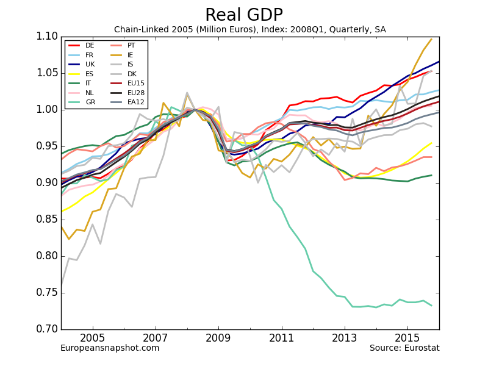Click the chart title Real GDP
pyautogui.click(x=244, y=15)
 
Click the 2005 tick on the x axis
pyautogui.click(x=93, y=337)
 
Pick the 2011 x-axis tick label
pyautogui.click(x=282, y=337)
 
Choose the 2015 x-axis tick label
pyautogui.click(x=407, y=337)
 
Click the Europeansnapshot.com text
pyautogui.click(x=110, y=348)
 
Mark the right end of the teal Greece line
pyautogui.click(x=431, y=306)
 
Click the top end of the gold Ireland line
pyautogui.click(x=431, y=40)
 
